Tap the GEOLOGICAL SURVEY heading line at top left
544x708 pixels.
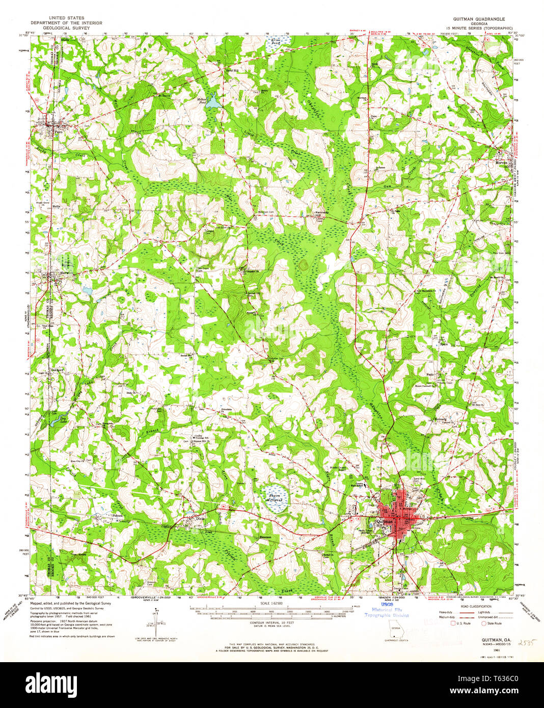click(x=66, y=28)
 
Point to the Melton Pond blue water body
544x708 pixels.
click(x=213, y=102)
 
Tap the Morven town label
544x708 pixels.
click(x=501, y=163)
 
